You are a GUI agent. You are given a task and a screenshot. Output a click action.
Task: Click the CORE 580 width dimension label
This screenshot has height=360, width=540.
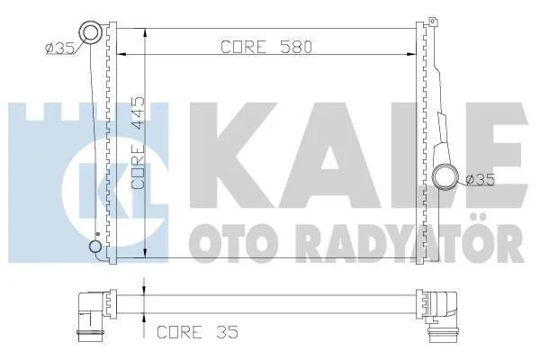click(266, 47)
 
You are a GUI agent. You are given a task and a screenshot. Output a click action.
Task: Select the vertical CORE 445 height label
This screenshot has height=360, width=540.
click(139, 142)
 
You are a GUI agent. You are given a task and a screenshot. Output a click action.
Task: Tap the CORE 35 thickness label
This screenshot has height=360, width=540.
click(197, 332)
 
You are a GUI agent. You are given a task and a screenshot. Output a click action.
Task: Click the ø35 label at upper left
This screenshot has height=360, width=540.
click(59, 49)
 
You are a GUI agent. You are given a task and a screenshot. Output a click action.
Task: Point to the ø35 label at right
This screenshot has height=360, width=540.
click(480, 179)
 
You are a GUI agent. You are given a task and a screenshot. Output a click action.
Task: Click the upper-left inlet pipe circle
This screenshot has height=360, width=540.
click(91, 32)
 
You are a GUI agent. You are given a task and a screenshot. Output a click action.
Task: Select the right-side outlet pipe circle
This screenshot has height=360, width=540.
click(445, 176)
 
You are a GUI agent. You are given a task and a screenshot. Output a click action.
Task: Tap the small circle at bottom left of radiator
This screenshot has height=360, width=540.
click(95, 247)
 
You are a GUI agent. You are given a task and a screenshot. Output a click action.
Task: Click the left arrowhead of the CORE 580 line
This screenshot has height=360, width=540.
click(121, 54)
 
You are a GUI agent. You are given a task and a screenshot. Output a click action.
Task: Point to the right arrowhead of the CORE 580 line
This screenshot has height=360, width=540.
click(412, 54)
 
